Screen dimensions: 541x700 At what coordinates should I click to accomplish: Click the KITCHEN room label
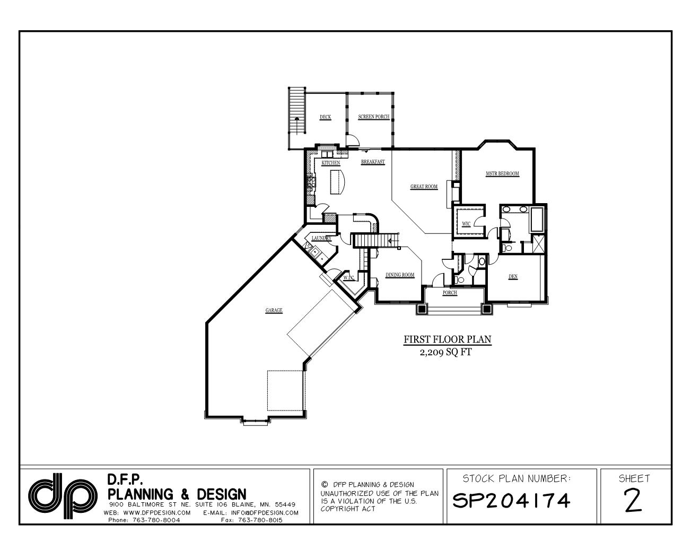pos(331,163)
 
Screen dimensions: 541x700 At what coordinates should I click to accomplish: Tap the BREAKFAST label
pos(373,162)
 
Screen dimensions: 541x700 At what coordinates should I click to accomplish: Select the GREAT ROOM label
pos(424,187)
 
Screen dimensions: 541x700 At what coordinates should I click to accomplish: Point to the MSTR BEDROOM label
pos(502,174)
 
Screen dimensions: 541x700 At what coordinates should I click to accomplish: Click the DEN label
pos(513,276)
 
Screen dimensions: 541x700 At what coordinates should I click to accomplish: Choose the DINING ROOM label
pos(400,275)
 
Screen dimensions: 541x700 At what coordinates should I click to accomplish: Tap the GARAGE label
pos(274,310)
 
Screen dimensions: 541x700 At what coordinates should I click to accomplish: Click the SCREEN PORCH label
pos(373,117)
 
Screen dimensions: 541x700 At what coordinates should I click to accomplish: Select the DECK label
pos(325,117)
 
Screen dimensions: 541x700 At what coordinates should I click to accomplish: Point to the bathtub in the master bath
pos(537,220)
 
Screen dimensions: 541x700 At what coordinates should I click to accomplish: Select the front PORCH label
pos(450,293)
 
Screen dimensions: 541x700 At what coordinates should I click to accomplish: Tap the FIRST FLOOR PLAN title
pos(448,339)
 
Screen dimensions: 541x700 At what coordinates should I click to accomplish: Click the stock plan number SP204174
pos(511,500)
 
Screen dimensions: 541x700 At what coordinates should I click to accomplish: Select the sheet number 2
pos(633,500)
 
